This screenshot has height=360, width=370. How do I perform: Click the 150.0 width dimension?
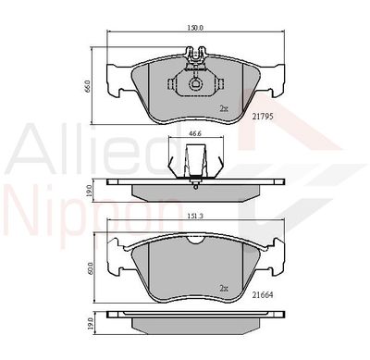[194, 29]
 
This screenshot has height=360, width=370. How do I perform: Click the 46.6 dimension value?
[194, 134]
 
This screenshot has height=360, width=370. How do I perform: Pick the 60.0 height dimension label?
[88, 268]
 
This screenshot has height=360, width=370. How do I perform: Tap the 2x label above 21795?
[223, 108]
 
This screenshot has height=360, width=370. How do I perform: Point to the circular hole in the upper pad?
[196, 86]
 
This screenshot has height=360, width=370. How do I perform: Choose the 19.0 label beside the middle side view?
[88, 189]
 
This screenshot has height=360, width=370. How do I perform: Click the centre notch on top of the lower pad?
[195, 242]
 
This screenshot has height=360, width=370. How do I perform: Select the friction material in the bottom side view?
[194, 326]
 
